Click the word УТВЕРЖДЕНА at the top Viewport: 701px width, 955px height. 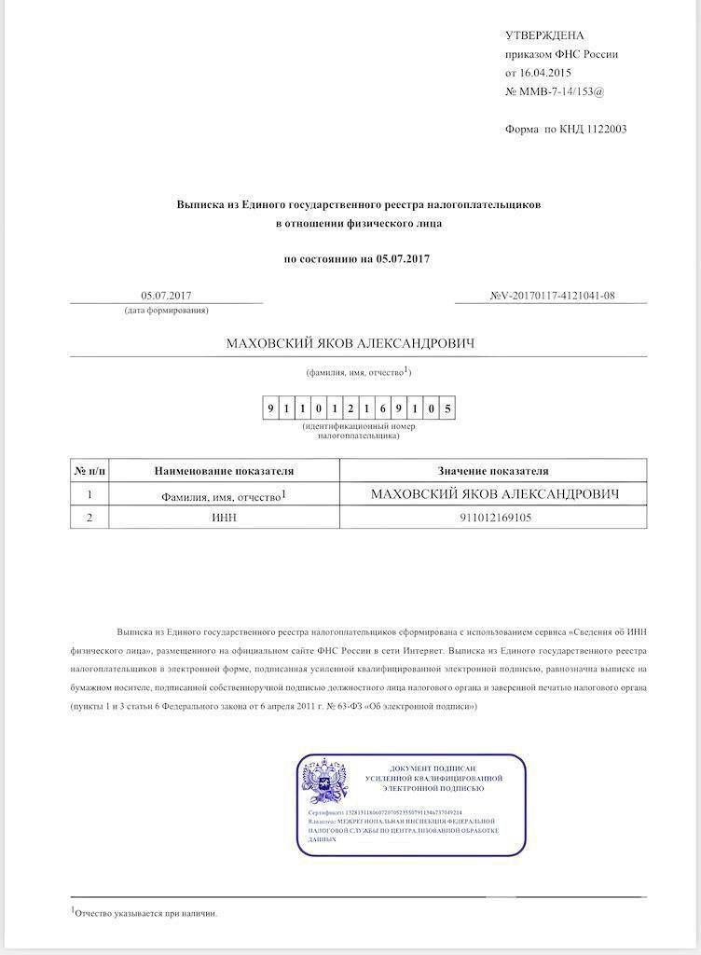pos(543,35)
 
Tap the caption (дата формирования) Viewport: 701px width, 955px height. pos(166,310)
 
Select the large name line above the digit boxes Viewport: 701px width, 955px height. pos(350,344)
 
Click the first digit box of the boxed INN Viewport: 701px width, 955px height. pos(270,408)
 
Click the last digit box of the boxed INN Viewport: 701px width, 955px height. pos(447,408)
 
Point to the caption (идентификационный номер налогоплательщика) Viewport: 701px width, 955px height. pos(358,431)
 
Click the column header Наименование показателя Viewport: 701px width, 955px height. pos(224,471)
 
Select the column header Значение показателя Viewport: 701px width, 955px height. pos(493,471)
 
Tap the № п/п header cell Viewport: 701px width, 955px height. pos(89,471)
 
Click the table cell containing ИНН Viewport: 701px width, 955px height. pos(224,518)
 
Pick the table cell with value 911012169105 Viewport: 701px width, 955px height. pos(495,518)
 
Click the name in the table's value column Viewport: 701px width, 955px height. pos(494,493)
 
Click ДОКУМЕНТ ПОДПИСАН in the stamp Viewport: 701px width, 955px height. pos(434,768)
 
